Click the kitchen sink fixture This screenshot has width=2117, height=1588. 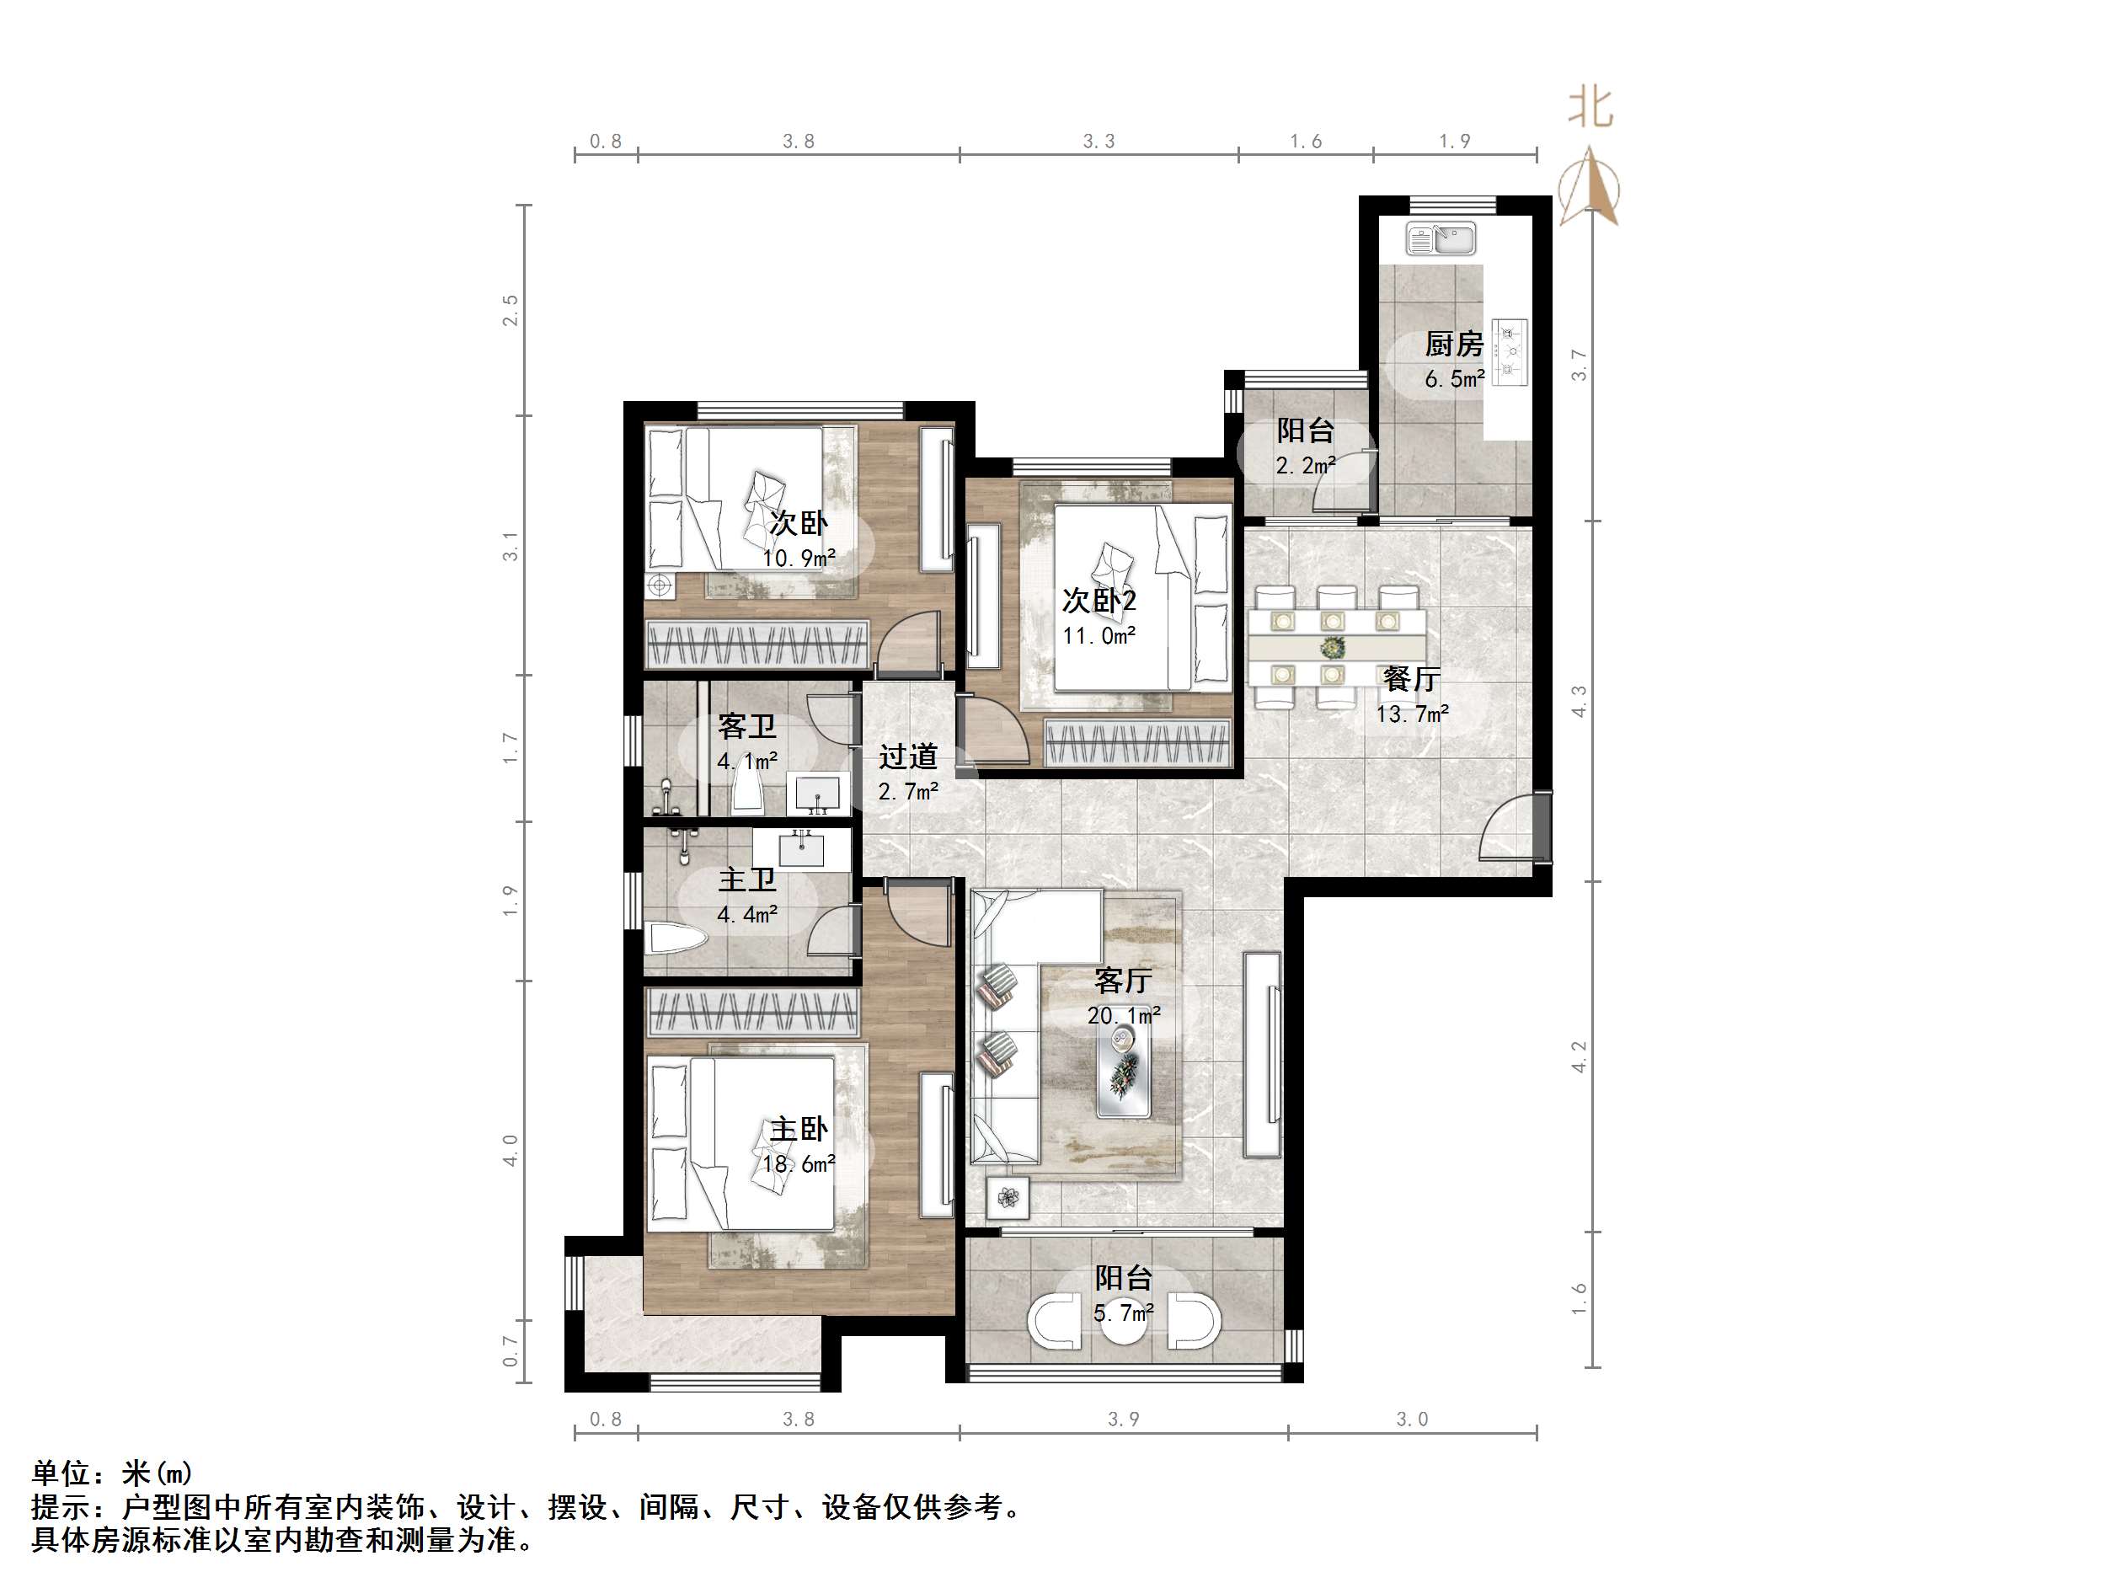coord(1441,238)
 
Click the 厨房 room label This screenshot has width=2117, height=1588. coord(1454,343)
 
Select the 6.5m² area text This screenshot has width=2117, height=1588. coord(1454,379)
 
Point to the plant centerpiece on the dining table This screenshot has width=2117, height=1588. coord(1331,648)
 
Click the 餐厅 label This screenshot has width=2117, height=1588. coord(1412,679)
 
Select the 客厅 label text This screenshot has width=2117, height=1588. coord(1123,980)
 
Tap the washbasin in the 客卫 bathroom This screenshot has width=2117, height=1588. coord(816,794)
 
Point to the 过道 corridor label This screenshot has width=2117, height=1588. coord(907,757)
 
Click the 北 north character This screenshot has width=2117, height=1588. coord(1590,107)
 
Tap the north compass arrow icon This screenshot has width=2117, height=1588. coord(1590,187)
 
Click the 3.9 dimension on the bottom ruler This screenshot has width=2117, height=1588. coord(1124,1419)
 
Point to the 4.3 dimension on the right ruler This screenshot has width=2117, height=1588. coord(1580,701)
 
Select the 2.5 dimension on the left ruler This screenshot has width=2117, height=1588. coord(511,310)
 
